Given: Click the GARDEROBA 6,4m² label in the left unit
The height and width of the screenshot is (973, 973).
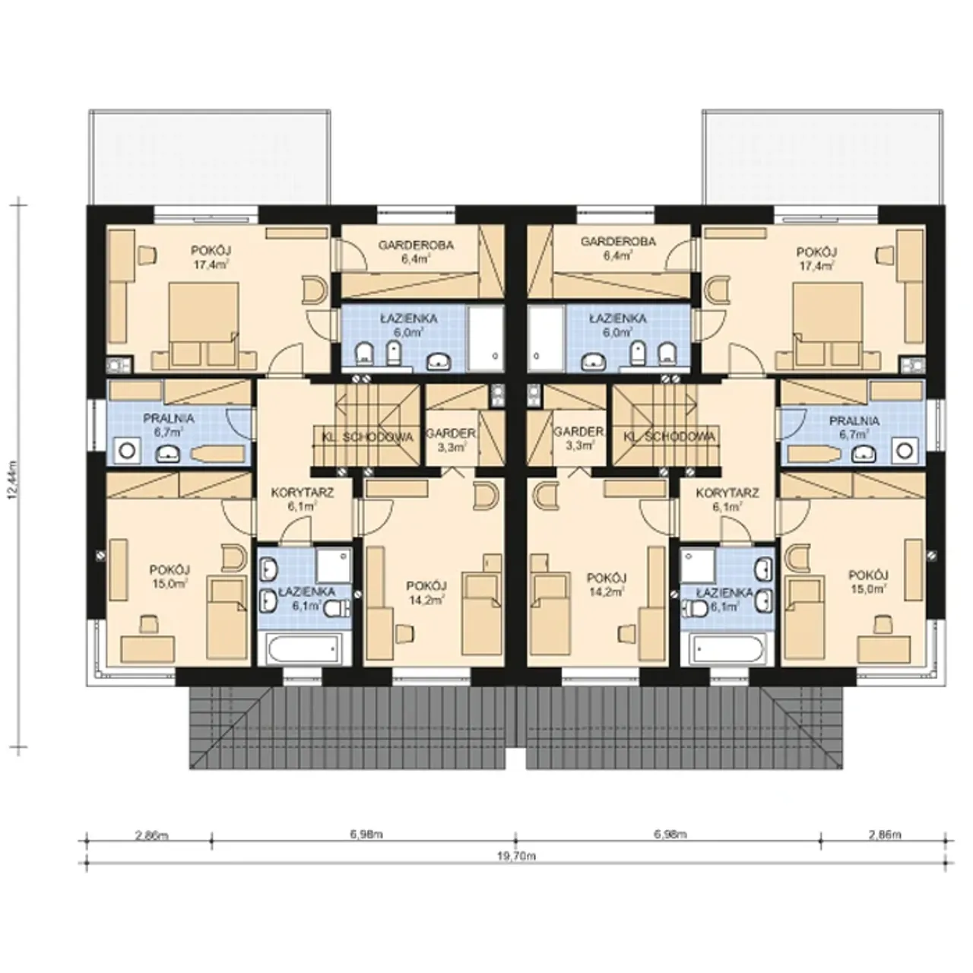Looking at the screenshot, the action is point(416,252).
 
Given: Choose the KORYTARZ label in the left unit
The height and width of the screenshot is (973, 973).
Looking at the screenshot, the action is point(303,493).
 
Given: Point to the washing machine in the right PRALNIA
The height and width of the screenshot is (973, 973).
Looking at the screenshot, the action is point(905,451).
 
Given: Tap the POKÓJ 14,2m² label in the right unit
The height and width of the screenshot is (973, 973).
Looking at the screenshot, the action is point(607,585).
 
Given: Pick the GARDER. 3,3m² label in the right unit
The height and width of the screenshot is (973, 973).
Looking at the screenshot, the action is point(578,439).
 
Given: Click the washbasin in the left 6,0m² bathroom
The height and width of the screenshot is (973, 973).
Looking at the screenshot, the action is point(440,360).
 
